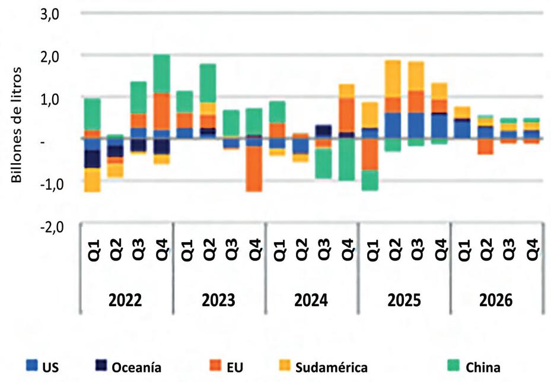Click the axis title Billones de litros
(17, 126)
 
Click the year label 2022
(126, 300)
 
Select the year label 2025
(404, 300)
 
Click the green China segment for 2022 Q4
(161, 74)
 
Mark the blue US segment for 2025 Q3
(416, 125)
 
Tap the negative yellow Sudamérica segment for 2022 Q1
(92, 180)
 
